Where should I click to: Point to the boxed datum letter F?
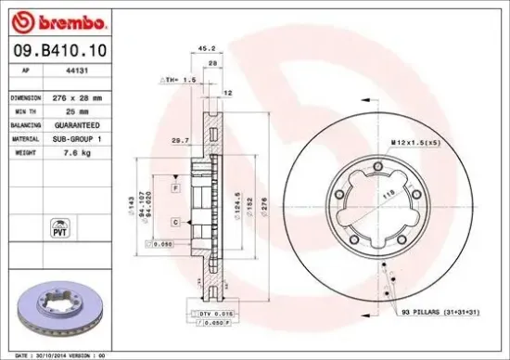click(x=174, y=188)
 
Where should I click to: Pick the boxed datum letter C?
click(x=174, y=224)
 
